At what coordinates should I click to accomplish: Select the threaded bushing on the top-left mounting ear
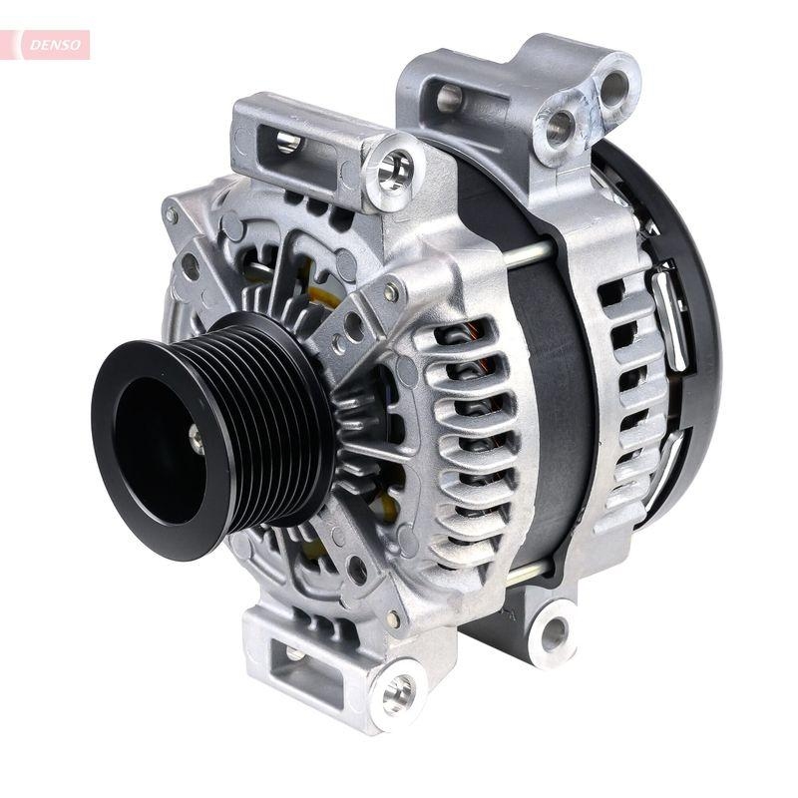click(394, 169)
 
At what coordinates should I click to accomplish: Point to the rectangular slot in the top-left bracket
click(288, 142)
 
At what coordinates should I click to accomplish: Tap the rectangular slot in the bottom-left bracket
click(295, 653)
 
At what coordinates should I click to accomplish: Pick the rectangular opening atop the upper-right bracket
click(450, 97)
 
